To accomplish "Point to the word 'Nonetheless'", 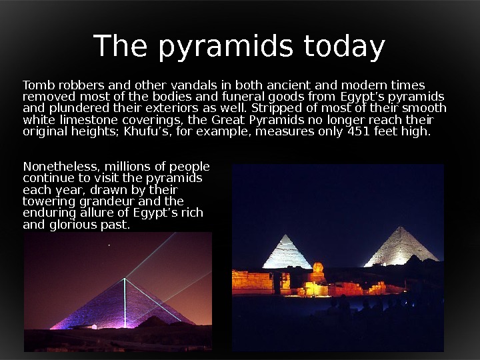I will tap(58, 167).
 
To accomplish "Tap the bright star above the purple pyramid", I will tap(109, 245).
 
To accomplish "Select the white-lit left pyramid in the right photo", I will tap(287, 253).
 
